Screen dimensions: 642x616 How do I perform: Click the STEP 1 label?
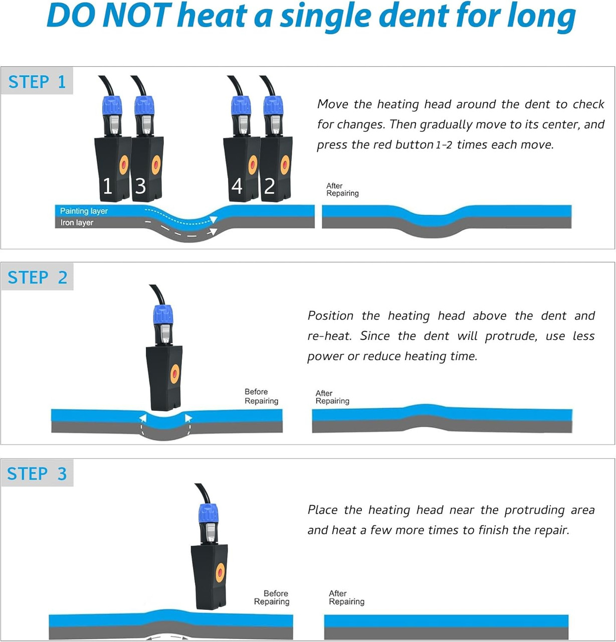point(37,81)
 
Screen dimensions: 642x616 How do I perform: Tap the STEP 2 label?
point(37,277)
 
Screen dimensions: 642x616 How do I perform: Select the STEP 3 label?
point(37,473)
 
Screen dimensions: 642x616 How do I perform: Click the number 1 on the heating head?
point(107,186)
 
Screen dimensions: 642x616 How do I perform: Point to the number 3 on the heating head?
point(140,186)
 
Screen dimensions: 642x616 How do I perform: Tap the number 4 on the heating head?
point(237,186)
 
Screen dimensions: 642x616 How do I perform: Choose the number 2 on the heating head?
point(270,186)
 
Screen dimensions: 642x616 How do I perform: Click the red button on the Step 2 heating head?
point(175,374)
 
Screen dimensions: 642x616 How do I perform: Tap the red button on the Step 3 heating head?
point(220,573)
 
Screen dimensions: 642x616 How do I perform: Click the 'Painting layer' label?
point(84,211)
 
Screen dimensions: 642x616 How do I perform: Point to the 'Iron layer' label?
point(77,223)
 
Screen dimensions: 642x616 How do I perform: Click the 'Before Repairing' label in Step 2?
point(261,396)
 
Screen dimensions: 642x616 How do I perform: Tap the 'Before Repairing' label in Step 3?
point(272,597)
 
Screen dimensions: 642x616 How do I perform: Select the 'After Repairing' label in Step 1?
point(342,190)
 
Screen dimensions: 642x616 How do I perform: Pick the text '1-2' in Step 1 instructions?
point(444,145)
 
